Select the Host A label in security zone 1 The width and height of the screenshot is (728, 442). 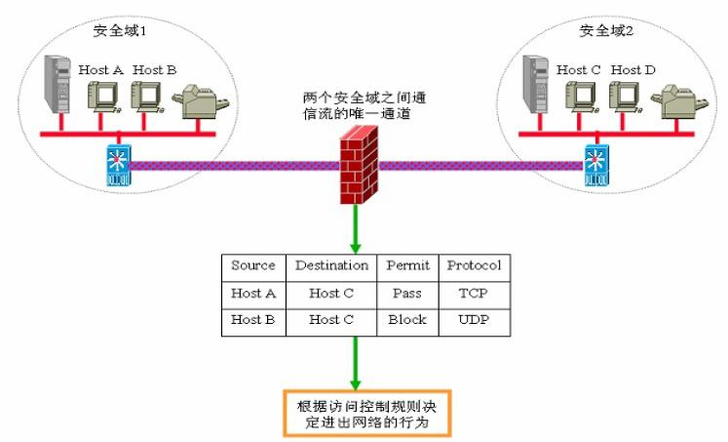99,70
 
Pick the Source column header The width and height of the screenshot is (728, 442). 252,265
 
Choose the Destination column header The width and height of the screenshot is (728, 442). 331,265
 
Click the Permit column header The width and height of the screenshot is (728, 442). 407,265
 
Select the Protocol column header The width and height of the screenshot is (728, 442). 474,265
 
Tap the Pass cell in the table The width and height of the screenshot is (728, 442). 407,293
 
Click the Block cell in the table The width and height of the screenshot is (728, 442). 407,320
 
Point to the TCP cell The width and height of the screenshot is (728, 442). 474,293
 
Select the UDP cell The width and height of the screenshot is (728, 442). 474,320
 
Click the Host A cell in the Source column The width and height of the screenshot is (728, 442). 252,293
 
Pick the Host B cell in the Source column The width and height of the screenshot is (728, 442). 252,320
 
